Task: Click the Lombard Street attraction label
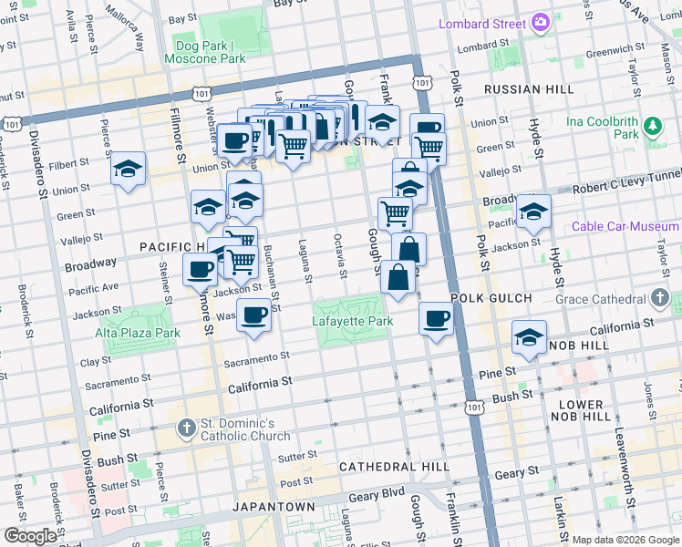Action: pos(482,23)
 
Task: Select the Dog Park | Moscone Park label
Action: pos(205,52)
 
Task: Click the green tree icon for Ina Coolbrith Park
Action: pos(652,126)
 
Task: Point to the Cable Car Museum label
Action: pos(625,226)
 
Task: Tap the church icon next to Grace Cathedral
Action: pos(661,298)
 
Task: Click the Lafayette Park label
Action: pos(352,322)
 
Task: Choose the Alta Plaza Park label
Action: pos(139,333)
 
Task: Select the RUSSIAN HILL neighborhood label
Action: pos(529,89)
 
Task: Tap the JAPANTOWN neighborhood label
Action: pos(274,506)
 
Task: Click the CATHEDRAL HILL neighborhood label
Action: pos(393,467)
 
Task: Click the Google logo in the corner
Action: pos(30,536)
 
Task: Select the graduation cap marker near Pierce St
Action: pos(129,169)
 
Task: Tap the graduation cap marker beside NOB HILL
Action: pos(529,338)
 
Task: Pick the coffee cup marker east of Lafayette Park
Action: pos(437,319)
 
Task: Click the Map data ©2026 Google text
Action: pos(625,539)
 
